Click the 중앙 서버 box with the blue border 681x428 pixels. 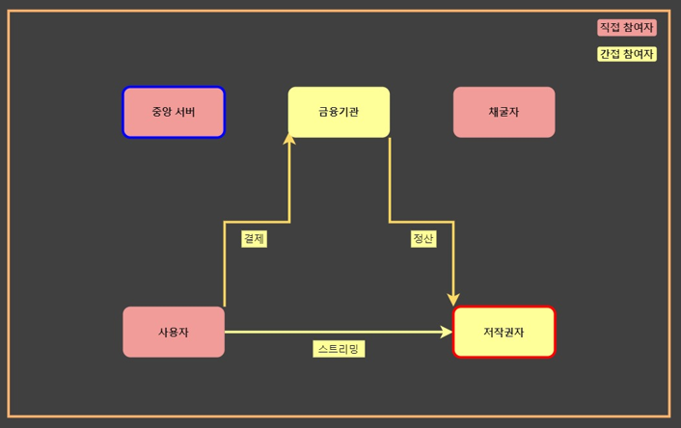coord(174,112)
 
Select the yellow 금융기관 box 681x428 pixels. coord(339,112)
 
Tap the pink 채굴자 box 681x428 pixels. coord(504,112)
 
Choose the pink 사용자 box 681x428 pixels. coord(174,332)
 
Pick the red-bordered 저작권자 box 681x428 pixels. coord(504,332)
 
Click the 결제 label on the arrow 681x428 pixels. coord(254,239)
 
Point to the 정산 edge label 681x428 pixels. coord(422,239)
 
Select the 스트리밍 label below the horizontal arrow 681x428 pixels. coord(339,349)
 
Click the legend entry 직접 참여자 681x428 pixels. coord(626,28)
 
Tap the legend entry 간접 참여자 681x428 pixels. coord(626,54)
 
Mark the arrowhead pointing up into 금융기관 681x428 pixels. coord(289,140)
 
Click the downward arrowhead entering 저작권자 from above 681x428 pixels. coord(453,300)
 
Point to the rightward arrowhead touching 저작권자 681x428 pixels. coord(447,332)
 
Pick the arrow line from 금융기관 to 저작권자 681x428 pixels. coord(421,222)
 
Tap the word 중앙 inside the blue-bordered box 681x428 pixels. coord(162,112)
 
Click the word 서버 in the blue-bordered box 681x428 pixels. coord(185,112)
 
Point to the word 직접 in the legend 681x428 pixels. coord(612,28)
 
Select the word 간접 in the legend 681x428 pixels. coord(612,54)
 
